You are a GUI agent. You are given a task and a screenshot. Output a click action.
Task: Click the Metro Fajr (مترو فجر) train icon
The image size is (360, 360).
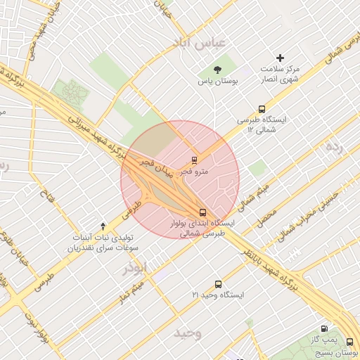pyautogui.click(x=195, y=160)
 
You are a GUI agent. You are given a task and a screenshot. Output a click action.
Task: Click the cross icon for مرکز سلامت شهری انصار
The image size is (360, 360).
pyautogui.click(x=281, y=58)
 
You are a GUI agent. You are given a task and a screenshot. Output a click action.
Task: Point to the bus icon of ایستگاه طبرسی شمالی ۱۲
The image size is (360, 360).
pyautogui.click(x=262, y=109)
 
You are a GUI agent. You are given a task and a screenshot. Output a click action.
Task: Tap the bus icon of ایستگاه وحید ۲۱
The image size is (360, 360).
pyautogui.click(x=218, y=284)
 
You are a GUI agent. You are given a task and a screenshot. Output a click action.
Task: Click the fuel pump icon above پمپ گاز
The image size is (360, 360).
pyautogui.click(x=323, y=328)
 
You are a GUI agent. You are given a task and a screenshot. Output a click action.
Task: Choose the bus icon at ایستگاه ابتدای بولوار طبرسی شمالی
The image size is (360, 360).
pyautogui.click(x=203, y=212)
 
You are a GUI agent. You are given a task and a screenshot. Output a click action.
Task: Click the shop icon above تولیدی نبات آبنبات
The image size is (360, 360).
pyautogui.click(x=103, y=226)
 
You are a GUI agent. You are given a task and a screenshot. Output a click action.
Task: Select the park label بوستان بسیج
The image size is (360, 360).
pyautogui.click(x=342, y=351)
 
